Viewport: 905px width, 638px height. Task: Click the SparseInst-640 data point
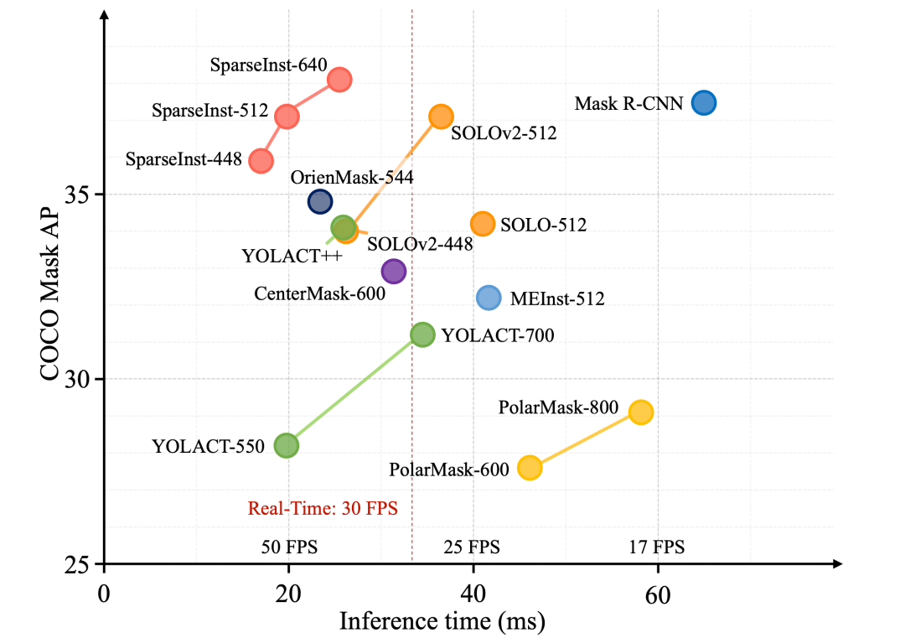point(339,80)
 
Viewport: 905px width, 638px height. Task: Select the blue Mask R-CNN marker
point(704,103)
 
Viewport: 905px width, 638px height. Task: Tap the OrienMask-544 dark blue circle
point(320,201)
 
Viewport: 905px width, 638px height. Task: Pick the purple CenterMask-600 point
point(394,271)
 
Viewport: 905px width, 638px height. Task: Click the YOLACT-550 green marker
point(287,445)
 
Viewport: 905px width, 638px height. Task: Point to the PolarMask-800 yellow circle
point(641,412)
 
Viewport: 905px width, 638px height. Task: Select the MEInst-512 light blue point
point(489,298)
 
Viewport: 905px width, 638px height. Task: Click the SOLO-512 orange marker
point(483,224)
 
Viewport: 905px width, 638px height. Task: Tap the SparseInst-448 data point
point(261,160)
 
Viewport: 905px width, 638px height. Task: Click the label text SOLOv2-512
point(504,132)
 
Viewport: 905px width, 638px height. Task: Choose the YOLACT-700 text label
point(498,336)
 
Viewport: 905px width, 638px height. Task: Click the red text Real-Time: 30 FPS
point(323,508)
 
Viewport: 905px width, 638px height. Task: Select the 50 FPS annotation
point(290,547)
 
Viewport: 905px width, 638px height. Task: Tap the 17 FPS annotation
point(657,547)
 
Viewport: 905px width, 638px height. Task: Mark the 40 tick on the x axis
point(473,594)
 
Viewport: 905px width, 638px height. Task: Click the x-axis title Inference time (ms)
point(442,621)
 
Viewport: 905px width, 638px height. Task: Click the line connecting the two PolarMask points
point(585,440)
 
